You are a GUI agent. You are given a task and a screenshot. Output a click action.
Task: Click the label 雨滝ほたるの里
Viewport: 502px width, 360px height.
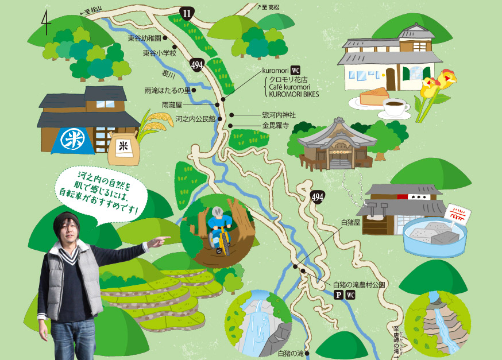(168, 90)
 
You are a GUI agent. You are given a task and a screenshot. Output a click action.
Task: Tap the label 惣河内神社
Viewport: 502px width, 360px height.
(279, 115)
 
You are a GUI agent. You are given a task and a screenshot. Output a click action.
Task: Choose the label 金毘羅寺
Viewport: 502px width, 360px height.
(275, 125)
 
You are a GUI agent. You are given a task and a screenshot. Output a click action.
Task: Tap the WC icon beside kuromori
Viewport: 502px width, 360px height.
(296, 69)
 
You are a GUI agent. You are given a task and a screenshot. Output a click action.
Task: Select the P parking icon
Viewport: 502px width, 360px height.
(338, 295)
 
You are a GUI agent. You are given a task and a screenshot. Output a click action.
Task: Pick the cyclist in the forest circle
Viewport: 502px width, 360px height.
(220, 229)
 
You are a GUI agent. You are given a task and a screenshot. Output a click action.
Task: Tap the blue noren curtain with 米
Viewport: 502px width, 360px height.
(72, 141)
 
